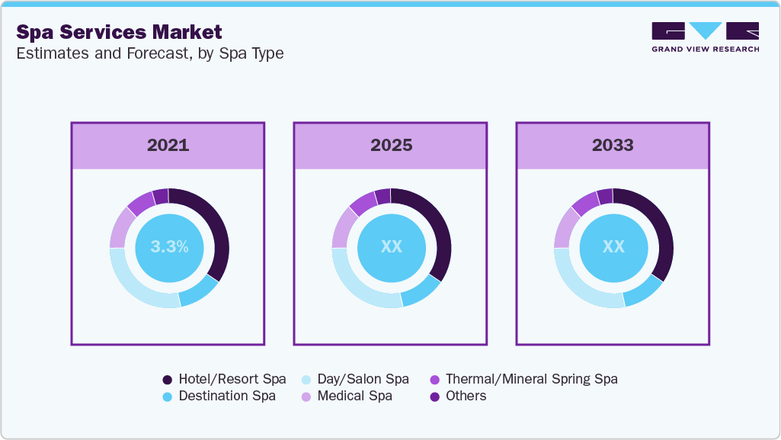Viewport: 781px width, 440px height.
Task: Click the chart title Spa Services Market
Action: click(120, 32)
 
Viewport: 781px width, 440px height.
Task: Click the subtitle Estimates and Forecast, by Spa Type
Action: click(150, 54)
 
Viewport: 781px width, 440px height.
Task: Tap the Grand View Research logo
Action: click(705, 37)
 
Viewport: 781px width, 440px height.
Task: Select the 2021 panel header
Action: click(168, 145)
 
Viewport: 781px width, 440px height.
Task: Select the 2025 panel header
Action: click(391, 145)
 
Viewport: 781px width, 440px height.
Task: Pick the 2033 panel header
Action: click(613, 145)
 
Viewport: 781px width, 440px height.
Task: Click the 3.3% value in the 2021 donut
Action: click(169, 247)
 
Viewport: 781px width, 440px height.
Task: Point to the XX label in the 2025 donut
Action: click(391, 247)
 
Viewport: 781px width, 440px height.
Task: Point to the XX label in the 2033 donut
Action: click(613, 247)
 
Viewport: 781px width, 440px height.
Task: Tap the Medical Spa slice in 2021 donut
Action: click(120, 228)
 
